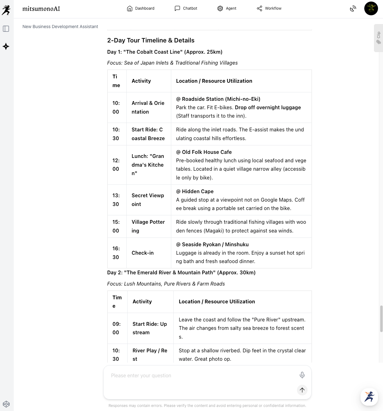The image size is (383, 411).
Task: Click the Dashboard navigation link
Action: pyautogui.click(x=141, y=8)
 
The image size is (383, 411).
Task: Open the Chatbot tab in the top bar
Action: pyautogui.click(x=186, y=8)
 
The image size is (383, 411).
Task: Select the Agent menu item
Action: pyautogui.click(x=227, y=8)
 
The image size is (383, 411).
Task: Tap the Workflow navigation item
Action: pyautogui.click(x=269, y=8)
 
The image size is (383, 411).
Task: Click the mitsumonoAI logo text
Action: pyautogui.click(x=41, y=9)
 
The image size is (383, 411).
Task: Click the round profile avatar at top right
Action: pyautogui.click(x=371, y=8)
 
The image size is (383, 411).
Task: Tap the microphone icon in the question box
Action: pyautogui.click(x=302, y=375)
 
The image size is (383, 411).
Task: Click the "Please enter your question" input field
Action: pyautogui.click(x=200, y=376)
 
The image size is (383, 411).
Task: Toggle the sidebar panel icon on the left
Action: pyautogui.click(x=6, y=29)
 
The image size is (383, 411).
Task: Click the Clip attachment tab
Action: pyautogui.click(x=378, y=38)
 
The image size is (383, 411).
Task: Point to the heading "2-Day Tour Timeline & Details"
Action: pyautogui.click(x=151, y=40)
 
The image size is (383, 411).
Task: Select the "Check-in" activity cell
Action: pyautogui.click(x=143, y=253)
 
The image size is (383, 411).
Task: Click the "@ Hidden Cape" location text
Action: pyautogui.click(x=195, y=191)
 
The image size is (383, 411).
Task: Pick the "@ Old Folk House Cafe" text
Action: pyautogui.click(x=204, y=152)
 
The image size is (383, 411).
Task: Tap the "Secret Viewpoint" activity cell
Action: pyautogui.click(x=148, y=200)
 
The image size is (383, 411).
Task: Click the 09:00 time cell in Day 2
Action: pyautogui.click(x=116, y=328)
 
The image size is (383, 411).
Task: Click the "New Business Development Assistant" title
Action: pyautogui.click(x=60, y=27)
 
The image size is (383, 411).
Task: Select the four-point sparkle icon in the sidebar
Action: pyautogui.click(x=6, y=46)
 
